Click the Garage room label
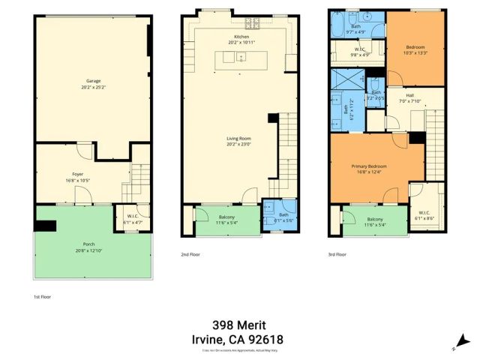94,81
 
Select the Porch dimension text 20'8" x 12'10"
88,249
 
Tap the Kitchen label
241,37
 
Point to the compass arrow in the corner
460,341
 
